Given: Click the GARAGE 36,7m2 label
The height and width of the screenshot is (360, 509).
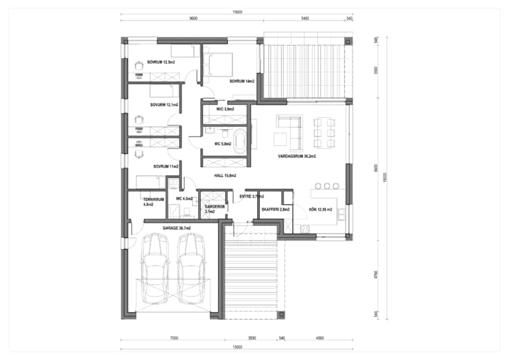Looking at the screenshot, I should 177,228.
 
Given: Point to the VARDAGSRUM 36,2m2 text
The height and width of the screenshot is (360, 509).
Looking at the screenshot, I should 297,157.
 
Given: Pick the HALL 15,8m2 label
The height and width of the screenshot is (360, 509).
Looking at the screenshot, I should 225,176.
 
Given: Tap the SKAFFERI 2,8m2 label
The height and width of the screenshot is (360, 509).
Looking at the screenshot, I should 275,210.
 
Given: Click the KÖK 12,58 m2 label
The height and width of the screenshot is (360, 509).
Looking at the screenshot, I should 321,210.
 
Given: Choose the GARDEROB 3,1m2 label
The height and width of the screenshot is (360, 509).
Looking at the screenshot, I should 216,209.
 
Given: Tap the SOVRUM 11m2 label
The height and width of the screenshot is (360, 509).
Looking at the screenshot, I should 166,166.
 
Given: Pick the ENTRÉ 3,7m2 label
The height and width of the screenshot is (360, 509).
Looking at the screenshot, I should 252,196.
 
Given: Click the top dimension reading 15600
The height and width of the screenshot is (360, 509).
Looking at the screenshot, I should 237,12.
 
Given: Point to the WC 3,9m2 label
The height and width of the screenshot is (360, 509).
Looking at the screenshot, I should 225,109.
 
